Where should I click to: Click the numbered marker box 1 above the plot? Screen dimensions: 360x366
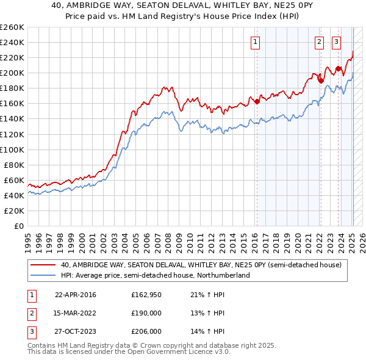[254, 42]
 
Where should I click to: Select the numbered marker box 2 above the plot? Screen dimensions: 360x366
[319, 42]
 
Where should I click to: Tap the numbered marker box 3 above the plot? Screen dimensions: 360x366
[336, 42]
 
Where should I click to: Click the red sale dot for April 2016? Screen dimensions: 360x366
[257, 101]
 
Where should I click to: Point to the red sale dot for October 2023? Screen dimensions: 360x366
[338, 68]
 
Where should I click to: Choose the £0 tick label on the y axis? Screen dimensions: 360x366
[19, 226]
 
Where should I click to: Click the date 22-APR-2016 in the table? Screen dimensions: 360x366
[75, 295]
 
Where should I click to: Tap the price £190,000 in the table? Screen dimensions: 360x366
[146, 314]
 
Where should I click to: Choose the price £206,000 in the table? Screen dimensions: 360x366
[146, 333]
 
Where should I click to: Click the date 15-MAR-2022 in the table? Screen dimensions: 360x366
[76, 314]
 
